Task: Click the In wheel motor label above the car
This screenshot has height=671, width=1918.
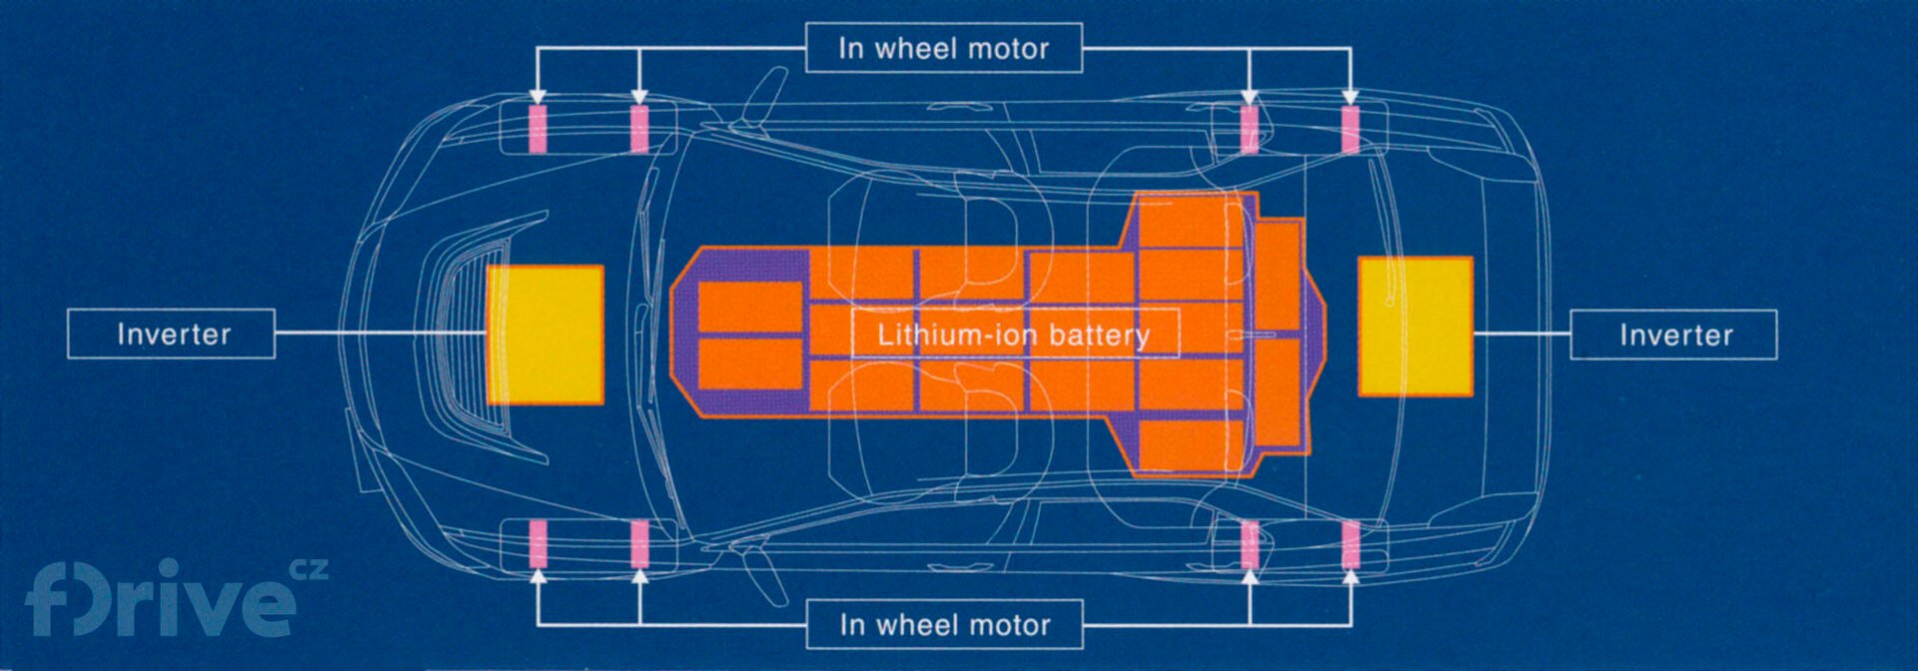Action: click(944, 48)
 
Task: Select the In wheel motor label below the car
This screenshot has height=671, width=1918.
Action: click(944, 625)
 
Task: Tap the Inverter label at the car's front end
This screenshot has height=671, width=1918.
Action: click(172, 334)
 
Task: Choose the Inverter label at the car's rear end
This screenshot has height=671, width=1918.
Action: click(1674, 335)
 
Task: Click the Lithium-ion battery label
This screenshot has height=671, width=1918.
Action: click(1014, 335)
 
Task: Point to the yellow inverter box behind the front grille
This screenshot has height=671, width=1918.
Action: click(545, 335)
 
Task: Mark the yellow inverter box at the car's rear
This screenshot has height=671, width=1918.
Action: click(1416, 327)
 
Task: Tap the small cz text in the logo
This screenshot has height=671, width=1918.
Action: click(309, 570)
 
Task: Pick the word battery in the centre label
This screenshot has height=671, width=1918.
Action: click(1100, 335)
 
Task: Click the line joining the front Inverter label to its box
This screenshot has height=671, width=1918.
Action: click(380, 333)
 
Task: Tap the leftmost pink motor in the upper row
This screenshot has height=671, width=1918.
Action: click(537, 129)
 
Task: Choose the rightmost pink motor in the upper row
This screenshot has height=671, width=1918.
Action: click(1351, 129)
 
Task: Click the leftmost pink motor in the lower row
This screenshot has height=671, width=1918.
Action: click(537, 544)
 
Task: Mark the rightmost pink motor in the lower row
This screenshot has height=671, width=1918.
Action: click(1351, 544)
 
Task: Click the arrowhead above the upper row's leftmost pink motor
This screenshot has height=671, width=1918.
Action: click(537, 97)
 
